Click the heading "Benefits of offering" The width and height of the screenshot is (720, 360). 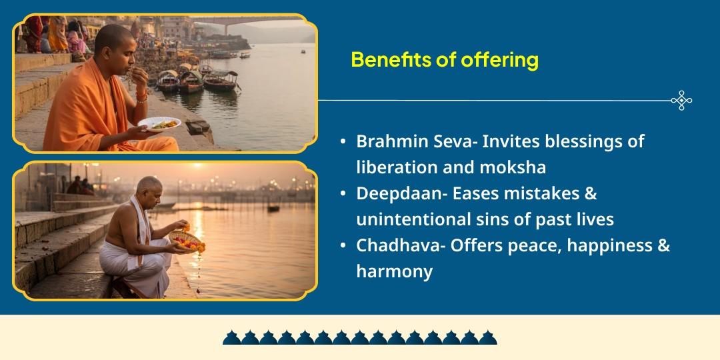click(x=444, y=60)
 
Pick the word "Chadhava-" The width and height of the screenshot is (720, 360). click(x=401, y=245)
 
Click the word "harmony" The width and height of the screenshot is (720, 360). click(x=394, y=271)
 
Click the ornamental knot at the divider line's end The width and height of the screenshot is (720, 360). click(x=681, y=101)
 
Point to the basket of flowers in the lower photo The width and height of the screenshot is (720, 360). click(x=187, y=240)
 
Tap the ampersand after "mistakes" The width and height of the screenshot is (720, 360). click(x=589, y=194)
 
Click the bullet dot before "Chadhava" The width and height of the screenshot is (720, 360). click(x=343, y=246)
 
